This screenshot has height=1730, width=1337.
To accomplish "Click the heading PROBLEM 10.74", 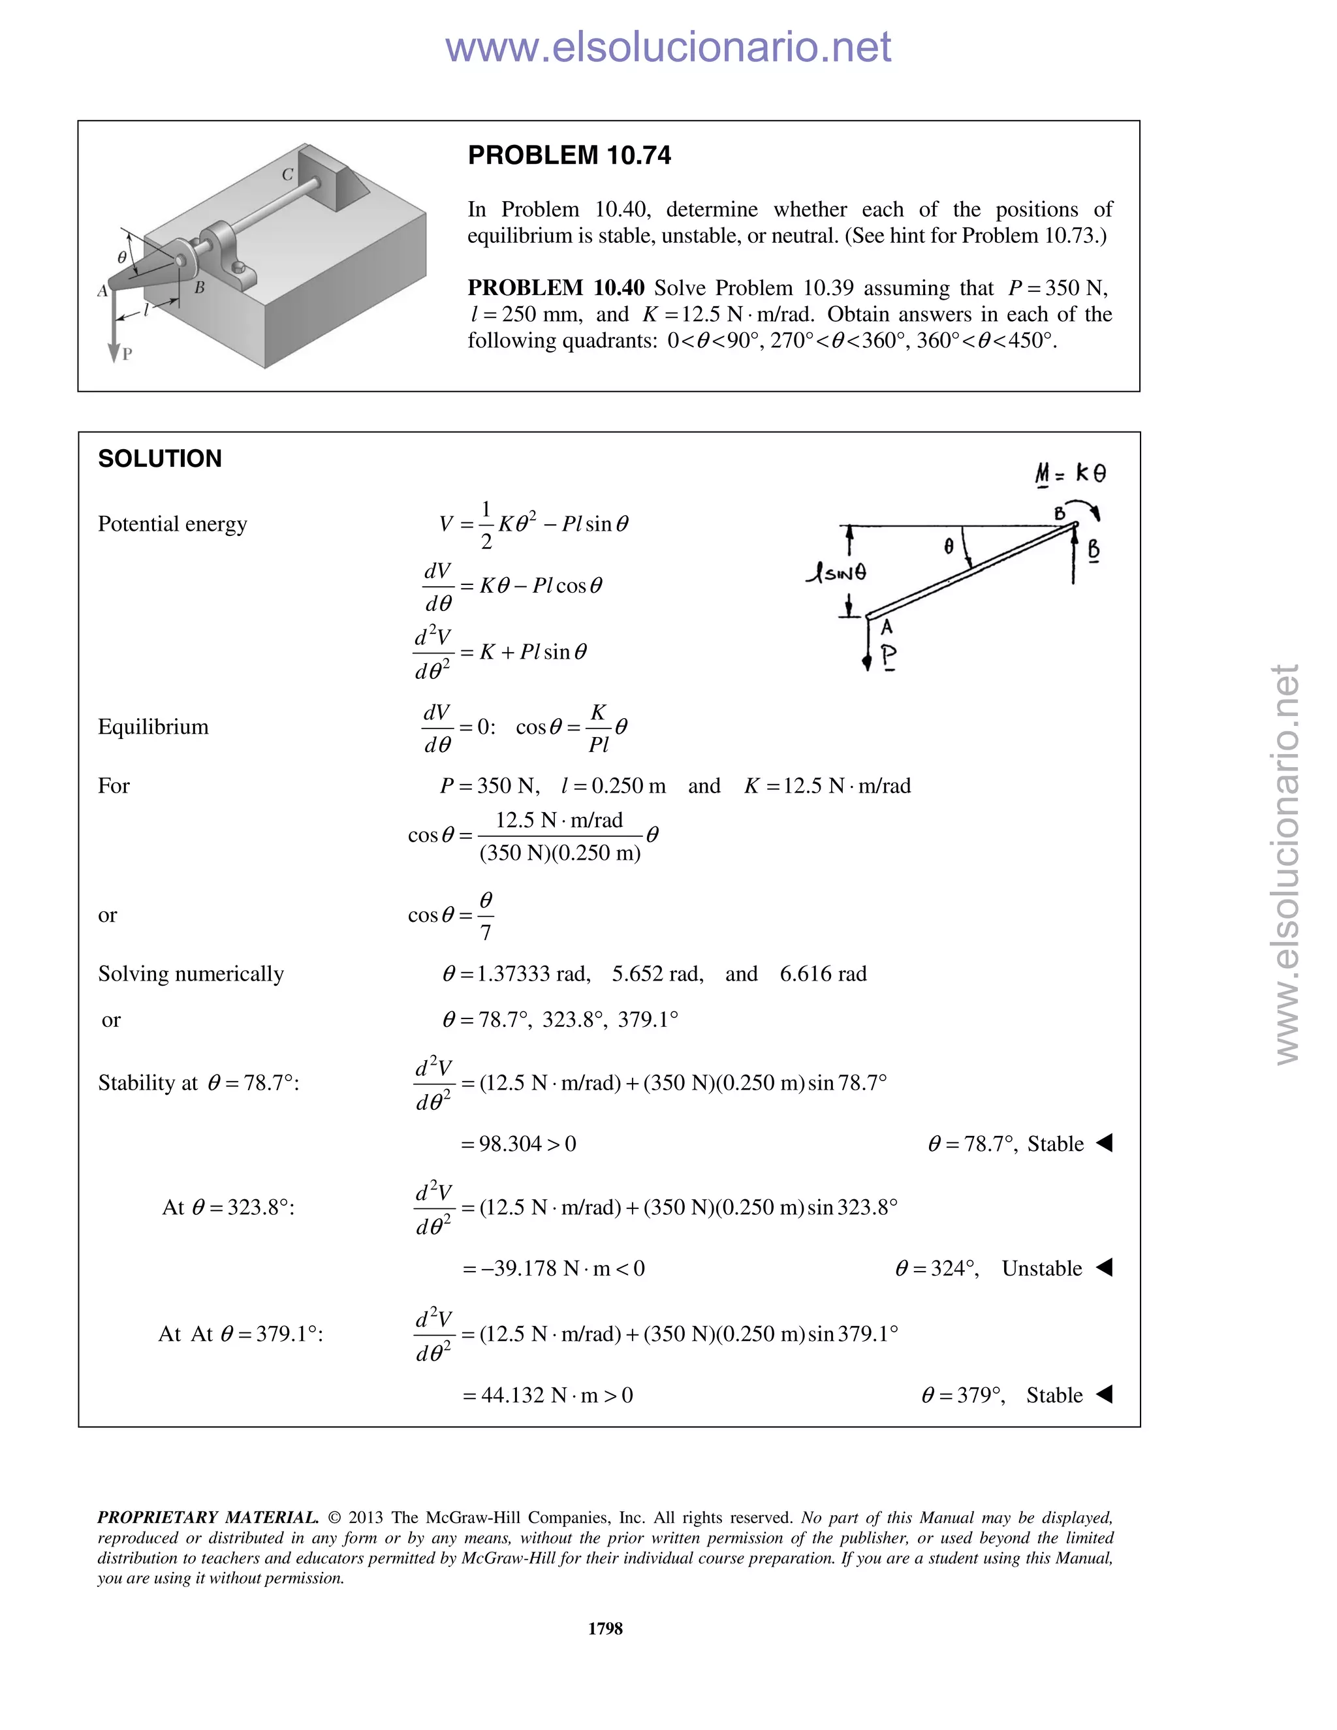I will click(x=569, y=155).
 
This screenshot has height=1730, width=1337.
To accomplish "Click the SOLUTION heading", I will click(x=160, y=459).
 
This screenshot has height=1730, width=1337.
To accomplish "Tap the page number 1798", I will click(x=605, y=1628).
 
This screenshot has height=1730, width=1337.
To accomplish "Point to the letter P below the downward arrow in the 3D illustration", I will click(x=127, y=355).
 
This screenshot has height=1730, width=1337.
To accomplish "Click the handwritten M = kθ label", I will click(x=1071, y=474).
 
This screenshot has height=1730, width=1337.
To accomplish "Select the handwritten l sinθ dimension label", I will click(x=836, y=572).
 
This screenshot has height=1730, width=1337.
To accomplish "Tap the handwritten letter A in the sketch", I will click(x=887, y=627).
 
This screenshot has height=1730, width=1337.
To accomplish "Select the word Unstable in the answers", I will click(x=1041, y=1268).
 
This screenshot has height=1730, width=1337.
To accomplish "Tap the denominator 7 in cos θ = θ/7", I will click(x=486, y=933).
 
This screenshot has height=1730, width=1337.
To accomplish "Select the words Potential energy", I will click(x=172, y=524).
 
